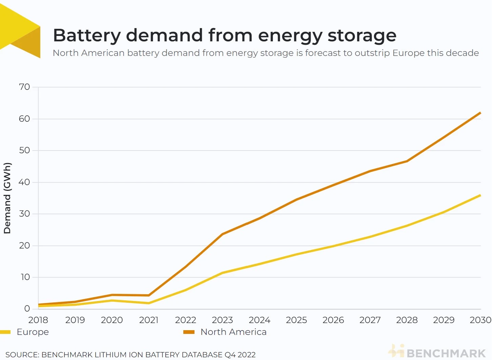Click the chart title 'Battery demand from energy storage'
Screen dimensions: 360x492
tap(225, 35)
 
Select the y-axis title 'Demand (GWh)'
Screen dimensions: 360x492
tap(7, 198)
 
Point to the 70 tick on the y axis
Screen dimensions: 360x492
tap(24, 87)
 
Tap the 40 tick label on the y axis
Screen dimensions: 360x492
tap(24, 182)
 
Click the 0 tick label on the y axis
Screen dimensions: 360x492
tap(27, 309)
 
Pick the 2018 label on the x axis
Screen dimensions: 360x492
tap(38, 320)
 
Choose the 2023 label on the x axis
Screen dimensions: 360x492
tap(222, 320)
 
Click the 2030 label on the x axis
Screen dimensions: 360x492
tap(480, 320)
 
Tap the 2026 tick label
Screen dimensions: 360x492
tap(333, 320)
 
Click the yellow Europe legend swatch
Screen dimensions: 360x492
tap(5, 332)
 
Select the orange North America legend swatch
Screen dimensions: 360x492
tap(189, 332)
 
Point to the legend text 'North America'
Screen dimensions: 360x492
tap(233, 332)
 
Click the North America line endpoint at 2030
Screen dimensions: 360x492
tap(480, 113)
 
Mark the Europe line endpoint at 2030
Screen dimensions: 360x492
tap(480, 195)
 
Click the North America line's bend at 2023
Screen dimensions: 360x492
tap(222, 234)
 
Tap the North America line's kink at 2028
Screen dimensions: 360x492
tap(407, 161)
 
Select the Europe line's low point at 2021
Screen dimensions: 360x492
tap(149, 303)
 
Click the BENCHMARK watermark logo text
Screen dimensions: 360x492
tap(446, 353)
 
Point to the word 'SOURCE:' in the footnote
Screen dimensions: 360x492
tap(22, 355)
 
